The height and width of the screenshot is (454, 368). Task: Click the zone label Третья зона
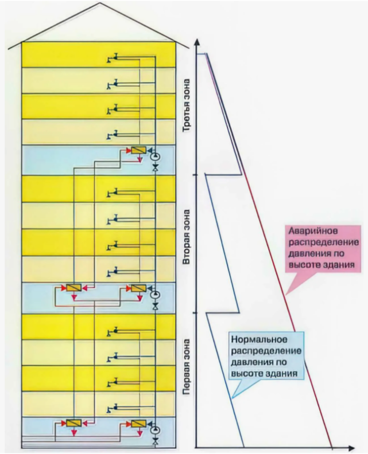click(x=186, y=105)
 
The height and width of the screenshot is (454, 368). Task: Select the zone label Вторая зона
click(x=186, y=237)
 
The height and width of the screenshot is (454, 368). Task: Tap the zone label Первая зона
click(x=186, y=367)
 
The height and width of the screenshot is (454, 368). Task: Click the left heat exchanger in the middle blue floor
click(x=74, y=288)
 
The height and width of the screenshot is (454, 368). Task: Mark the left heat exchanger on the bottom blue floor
click(x=74, y=423)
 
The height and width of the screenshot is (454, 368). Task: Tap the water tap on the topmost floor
click(x=113, y=58)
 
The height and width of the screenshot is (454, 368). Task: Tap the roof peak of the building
click(x=100, y=3)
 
